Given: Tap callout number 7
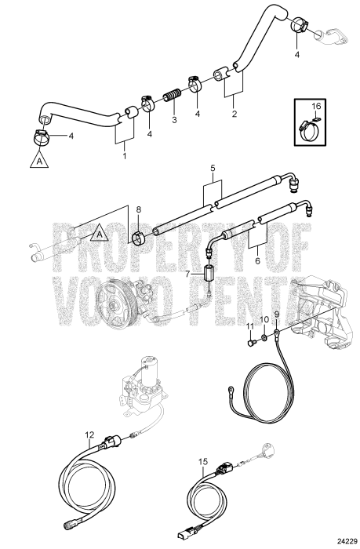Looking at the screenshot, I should tap(188, 274).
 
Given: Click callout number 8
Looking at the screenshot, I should tap(138, 210).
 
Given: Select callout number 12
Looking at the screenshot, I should tap(90, 434).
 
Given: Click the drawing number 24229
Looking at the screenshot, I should tap(342, 540).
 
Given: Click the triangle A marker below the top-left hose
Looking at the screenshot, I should tap(36, 162).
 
